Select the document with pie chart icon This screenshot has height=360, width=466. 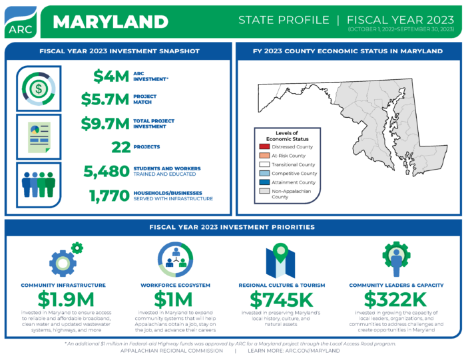[x=39, y=136]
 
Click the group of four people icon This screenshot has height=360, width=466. [x=39, y=184]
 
